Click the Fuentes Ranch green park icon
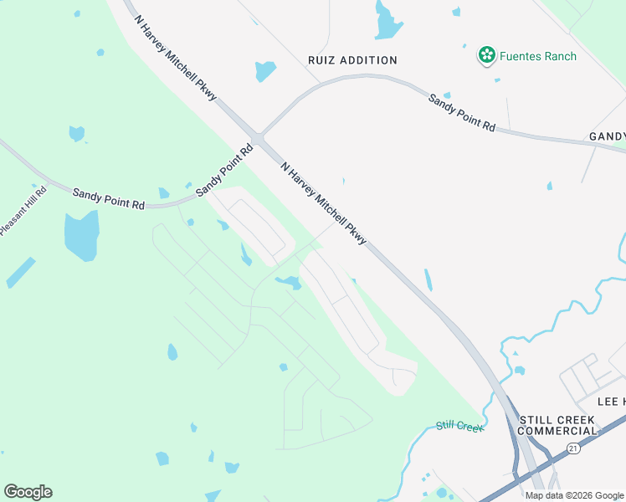486,56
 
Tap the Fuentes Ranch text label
538,56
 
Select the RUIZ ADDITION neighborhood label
352,60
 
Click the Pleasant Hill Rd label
23,210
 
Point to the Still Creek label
459,427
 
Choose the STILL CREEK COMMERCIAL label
558,425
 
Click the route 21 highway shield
572,450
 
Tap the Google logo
28,491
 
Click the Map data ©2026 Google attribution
574,495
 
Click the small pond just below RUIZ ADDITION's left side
265,71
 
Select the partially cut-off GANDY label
607,136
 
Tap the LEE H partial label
611,402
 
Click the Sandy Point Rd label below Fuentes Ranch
462,112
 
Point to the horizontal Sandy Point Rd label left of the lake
108,198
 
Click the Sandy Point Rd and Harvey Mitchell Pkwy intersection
259,139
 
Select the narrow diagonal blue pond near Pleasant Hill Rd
21,273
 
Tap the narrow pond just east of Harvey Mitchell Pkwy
428,279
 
